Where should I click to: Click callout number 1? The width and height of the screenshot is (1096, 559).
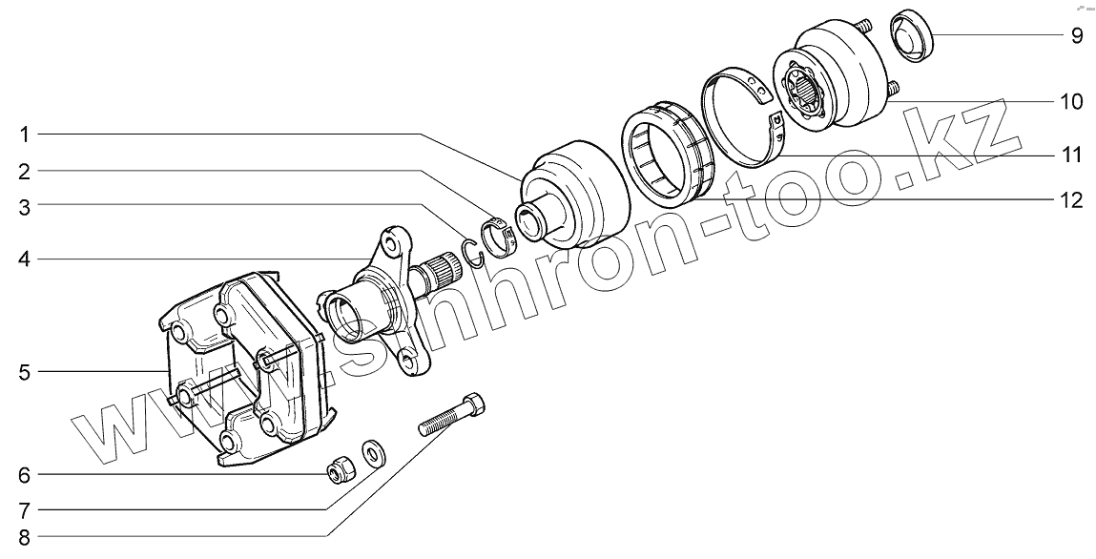tap(24, 135)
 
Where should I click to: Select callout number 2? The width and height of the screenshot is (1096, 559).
tap(24, 172)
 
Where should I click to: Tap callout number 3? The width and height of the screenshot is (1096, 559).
tap(24, 206)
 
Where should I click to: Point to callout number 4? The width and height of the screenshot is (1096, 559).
tap(24, 259)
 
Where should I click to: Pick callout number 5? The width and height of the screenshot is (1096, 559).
tap(24, 371)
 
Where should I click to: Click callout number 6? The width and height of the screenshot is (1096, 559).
tap(24, 474)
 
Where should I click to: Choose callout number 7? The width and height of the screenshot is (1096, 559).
tap(24, 508)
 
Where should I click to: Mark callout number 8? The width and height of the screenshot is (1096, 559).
tap(24, 538)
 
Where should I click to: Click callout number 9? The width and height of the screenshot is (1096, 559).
tap(1076, 36)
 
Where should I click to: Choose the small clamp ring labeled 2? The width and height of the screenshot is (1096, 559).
tap(500, 238)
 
